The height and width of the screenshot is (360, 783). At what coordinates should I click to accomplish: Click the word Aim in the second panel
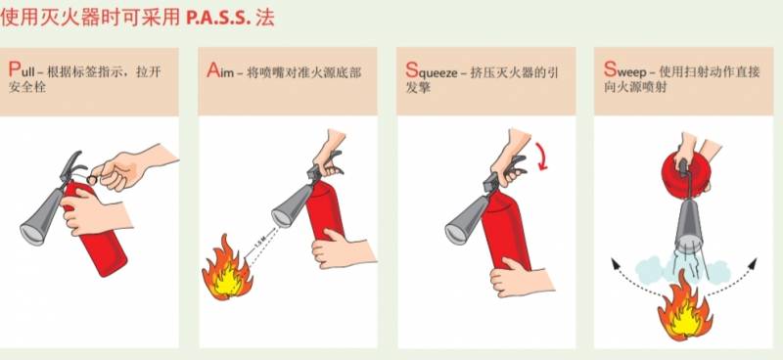coord(220,71)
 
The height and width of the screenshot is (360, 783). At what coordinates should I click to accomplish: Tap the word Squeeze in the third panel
coord(432,71)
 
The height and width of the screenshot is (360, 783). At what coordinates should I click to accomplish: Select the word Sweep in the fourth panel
coord(625,70)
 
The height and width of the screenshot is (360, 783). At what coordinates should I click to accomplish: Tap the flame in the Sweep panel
coord(684,313)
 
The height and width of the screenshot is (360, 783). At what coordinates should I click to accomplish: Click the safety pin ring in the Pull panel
coord(92,178)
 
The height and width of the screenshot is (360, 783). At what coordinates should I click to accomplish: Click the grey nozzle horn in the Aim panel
coord(292,206)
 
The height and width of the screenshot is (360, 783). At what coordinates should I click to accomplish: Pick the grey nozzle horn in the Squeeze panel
coord(466,220)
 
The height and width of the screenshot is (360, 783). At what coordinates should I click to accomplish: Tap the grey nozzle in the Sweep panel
coord(689,226)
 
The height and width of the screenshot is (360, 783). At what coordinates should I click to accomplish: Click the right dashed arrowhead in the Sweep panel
coord(753,263)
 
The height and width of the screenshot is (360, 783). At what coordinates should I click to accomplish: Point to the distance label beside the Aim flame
coord(258,245)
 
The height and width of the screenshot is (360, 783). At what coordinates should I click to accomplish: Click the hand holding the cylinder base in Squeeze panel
coord(521,277)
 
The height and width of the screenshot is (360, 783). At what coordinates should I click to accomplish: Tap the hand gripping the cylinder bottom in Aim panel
coord(343,249)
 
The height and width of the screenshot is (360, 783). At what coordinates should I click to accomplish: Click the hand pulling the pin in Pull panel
coord(132,167)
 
